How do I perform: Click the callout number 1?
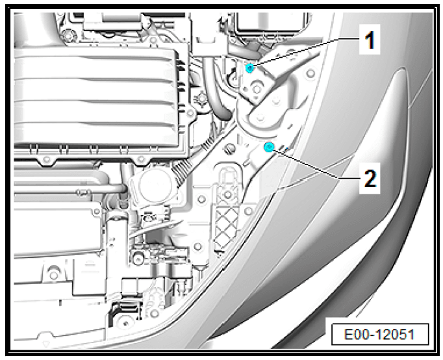[x=370, y=40]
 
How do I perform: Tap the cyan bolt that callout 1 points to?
[x=249, y=68]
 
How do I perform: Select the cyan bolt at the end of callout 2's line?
[x=269, y=147]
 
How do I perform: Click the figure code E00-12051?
[x=379, y=334]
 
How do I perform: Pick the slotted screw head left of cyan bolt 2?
[x=230, y=148]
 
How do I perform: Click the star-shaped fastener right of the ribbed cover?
[x=201, y=99]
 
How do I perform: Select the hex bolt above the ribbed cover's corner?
[x=68, y=36]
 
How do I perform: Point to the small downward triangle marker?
[x=45, y=344]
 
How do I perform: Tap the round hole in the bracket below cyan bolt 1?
[x=257, y=89]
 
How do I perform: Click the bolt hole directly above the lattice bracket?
[x=227, y=194]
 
